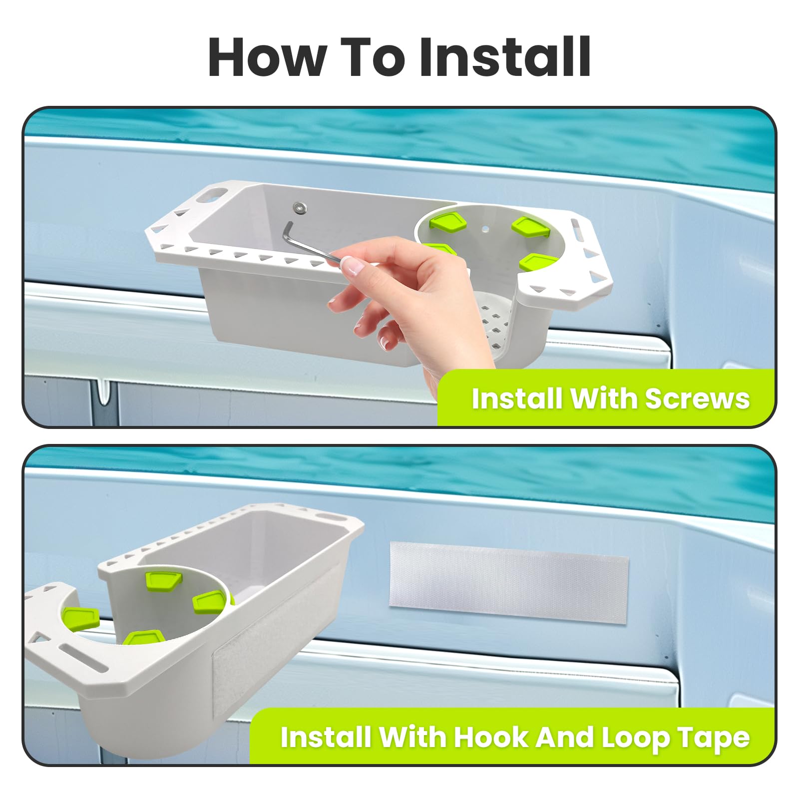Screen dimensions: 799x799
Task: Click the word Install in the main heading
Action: click(x=505, y=57)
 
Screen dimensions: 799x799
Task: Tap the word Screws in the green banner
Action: click(x=697, y=399)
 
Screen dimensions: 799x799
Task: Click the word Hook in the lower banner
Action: click(x=489, y=737)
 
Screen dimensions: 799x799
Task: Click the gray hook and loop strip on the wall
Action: click(x=508, y=582)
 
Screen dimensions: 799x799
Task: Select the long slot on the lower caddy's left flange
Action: click(x=83, y=658)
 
